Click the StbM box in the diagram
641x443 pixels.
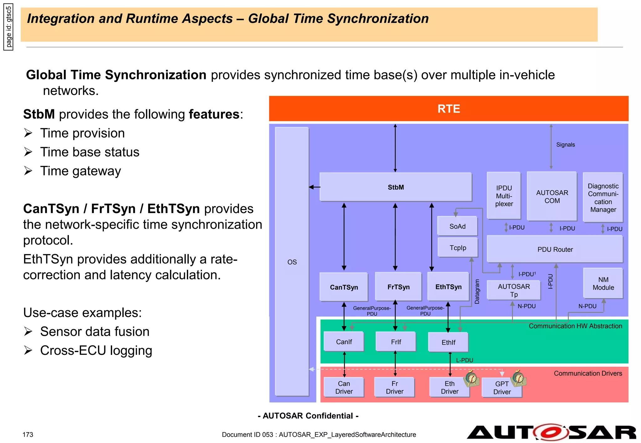(396, 187)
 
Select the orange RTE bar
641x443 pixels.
(449, 108)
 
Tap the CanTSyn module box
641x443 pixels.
(344, 287)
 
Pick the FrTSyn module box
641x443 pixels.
(398, 287)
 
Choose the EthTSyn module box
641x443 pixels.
(448, 287)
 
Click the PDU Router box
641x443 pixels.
(555, 249)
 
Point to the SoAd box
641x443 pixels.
(457, 226)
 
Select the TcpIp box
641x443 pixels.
(458, 248)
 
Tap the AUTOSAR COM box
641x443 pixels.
(552, 197)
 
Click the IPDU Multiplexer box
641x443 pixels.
(504, 196)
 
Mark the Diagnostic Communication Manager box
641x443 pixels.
(603, 198)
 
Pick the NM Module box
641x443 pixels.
(603, 283)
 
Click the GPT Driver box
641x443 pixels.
(502, 388)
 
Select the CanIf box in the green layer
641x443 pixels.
(344, 342)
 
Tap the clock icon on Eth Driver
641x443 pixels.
(472, 378)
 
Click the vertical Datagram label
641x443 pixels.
(477, 291)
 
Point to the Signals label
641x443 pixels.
(565, 145)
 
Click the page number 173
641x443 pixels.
(28, 435)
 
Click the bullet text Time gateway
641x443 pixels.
(80, 171)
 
